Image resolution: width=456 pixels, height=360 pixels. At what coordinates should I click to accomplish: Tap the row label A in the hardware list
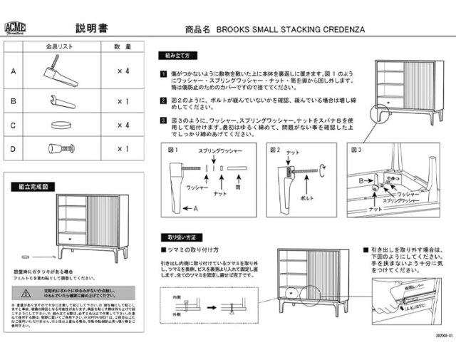coord(13,72)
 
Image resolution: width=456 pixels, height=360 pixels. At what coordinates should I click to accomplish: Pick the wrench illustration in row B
coord(61,101)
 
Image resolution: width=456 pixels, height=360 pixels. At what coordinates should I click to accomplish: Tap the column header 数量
coord(123,47)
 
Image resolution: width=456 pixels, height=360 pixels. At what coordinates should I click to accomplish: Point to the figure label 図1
coord(171,150)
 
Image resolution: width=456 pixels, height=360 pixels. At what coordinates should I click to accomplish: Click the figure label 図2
coord(274,150)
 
